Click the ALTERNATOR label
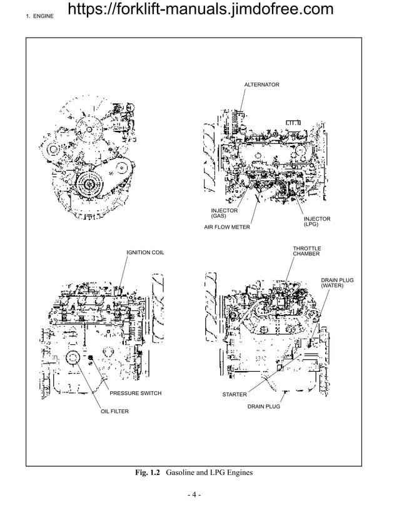coord(261,84)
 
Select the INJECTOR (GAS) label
coord(224,213)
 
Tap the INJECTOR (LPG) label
coord(317,221)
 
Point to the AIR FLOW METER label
coord(227,227)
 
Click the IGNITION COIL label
coord(145,252)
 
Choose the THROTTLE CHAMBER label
coord(306,251)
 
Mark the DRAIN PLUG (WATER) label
coord(337,282)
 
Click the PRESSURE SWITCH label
coord(136,393)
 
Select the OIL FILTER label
coord(115,411)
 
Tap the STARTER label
coord(235,394)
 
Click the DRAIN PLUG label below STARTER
coord(263,406)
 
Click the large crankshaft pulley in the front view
coord(91,185)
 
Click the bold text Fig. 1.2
coord(148,473)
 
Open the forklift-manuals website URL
coord(199,9)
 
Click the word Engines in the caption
coord(240,473)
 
